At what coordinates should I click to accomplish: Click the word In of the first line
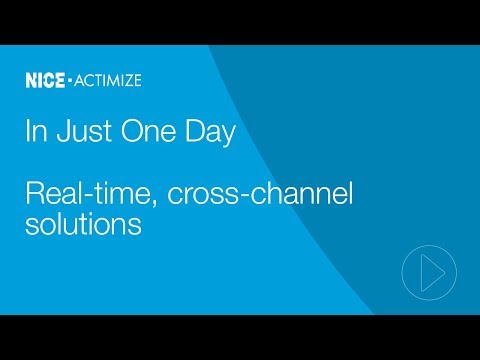(32, 135)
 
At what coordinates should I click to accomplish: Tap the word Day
(192, 135)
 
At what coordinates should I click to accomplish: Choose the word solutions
(82, 225)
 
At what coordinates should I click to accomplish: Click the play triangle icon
(431, 270)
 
